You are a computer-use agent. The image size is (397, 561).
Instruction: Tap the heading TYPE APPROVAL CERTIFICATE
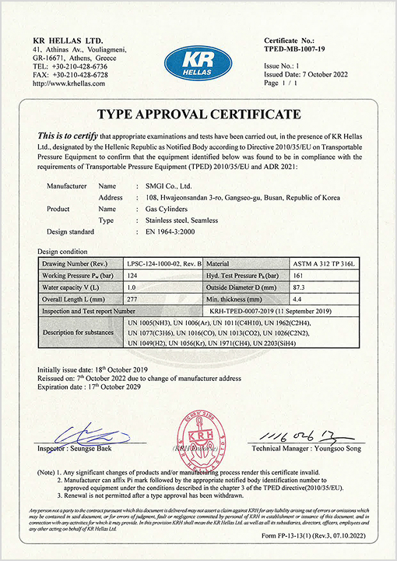click(x=198, y=114)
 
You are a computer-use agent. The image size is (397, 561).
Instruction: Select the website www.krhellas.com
click(x=69, y=84)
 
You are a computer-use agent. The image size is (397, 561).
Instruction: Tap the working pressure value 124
click(x=133, y=276)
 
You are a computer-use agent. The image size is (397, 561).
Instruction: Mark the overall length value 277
click(x=133, y=298)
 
